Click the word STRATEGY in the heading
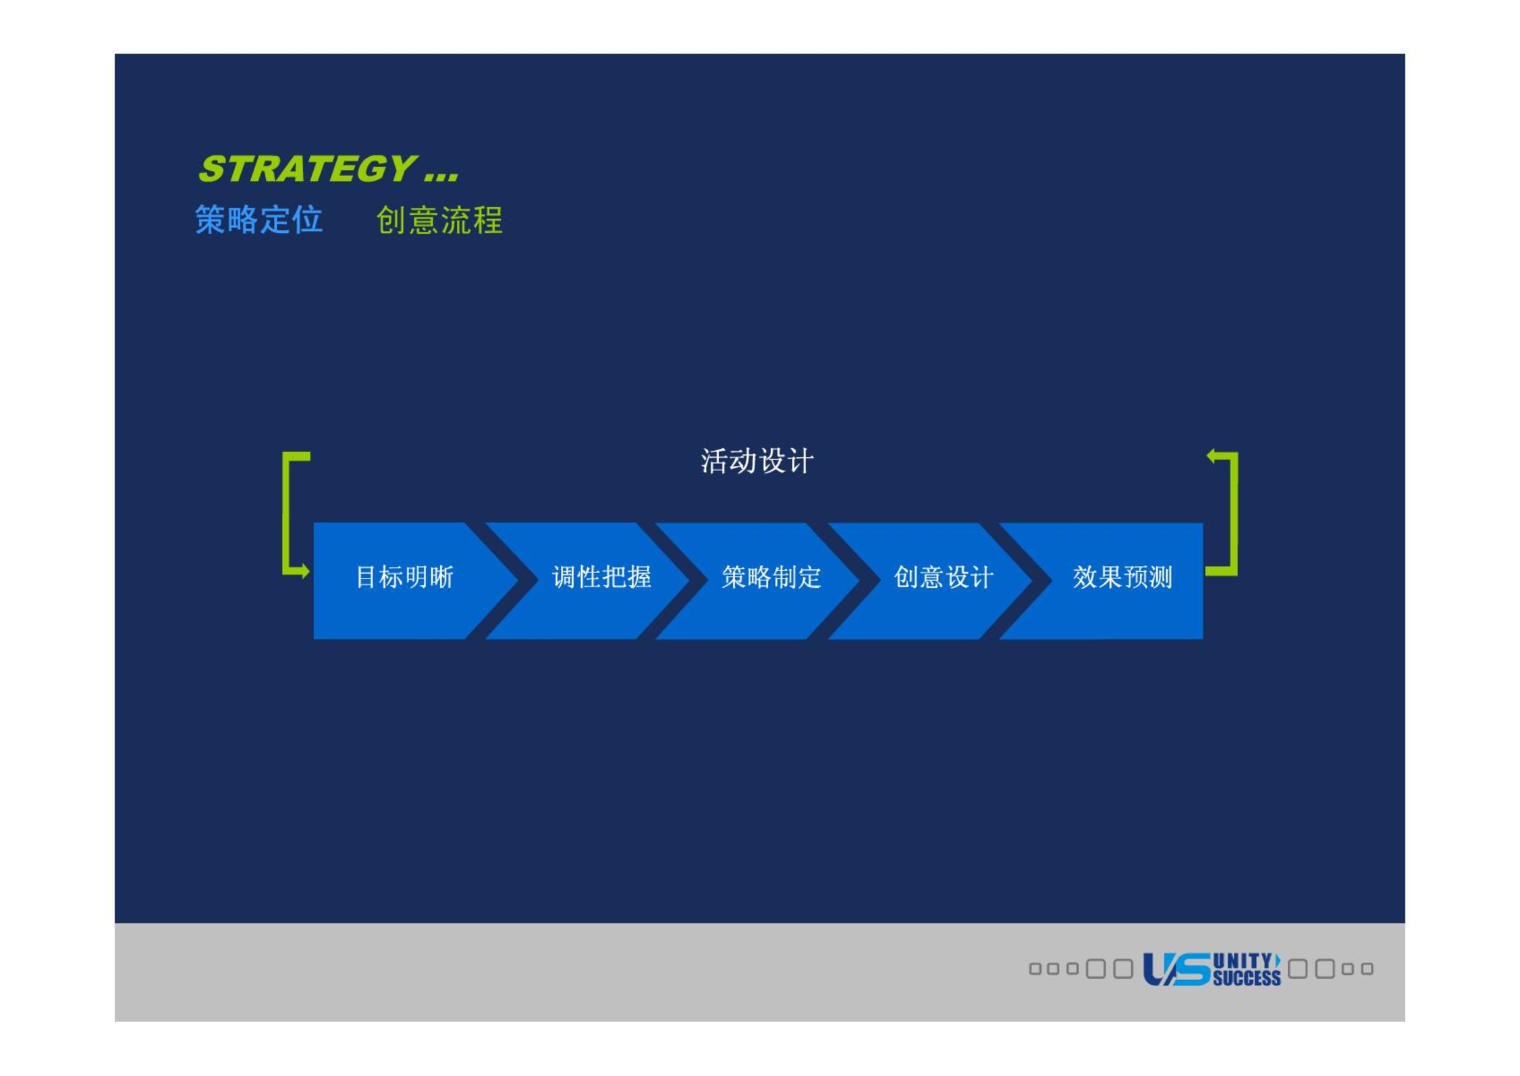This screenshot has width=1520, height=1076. [x=307, y=168]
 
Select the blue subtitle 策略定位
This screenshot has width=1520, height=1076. [x=259, y=219]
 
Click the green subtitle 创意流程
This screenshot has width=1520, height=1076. [x=439, y=220]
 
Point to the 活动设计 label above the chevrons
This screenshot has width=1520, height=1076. [x=757, y=462]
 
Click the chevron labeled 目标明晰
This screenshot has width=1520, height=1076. [x=405, y=581]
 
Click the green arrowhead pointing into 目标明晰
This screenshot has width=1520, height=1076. [x=305, y=571]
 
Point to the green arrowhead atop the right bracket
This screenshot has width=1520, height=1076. [x=1211, y=456]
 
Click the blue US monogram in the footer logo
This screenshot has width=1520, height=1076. [x=1176, y=969]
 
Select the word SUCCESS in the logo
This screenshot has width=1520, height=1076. [x=1247, y=978]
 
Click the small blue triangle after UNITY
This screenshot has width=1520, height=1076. [x=1277, y=960]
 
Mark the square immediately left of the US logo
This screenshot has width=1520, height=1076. [x=1123, y=969]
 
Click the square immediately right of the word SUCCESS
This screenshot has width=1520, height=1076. [x=1297, y=969]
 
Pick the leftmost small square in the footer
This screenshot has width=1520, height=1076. [x=1035, y=969]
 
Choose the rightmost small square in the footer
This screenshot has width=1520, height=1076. [x=1367, y=969]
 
